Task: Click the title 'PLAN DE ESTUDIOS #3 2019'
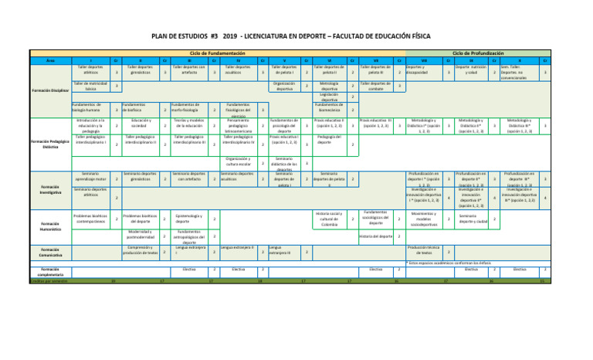296,36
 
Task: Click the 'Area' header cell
50,59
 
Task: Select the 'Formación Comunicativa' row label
50,251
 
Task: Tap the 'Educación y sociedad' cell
141,124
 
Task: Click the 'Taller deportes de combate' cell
376,86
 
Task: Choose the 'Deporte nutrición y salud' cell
469,70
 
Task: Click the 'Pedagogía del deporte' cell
329,140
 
